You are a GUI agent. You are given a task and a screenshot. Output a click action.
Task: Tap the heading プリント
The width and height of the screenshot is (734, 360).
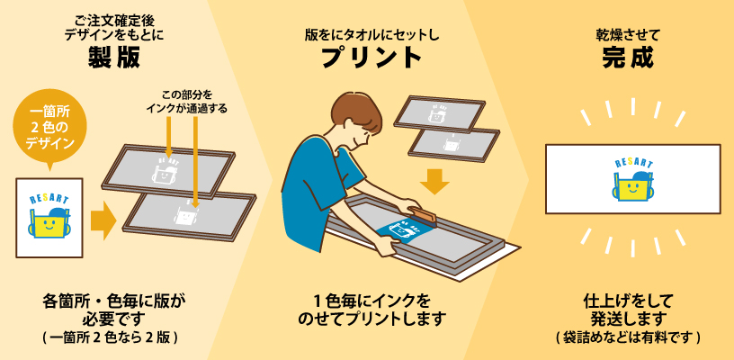[371, 58]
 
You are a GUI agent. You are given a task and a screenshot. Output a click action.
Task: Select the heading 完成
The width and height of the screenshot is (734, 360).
[628, 58]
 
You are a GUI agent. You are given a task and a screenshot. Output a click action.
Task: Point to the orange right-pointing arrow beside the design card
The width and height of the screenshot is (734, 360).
[103, 218]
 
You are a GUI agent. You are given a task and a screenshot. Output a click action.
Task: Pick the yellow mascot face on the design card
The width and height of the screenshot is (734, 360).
[49, 224]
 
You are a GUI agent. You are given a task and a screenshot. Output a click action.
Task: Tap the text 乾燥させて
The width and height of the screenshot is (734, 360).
[628, 34]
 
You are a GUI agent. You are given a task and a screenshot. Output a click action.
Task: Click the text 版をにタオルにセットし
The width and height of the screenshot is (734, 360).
[371, 34]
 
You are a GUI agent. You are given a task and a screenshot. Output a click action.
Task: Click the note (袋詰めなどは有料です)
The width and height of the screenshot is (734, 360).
[628, 338]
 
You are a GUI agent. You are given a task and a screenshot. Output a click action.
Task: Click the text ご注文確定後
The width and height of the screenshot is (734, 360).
[114, 21]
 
